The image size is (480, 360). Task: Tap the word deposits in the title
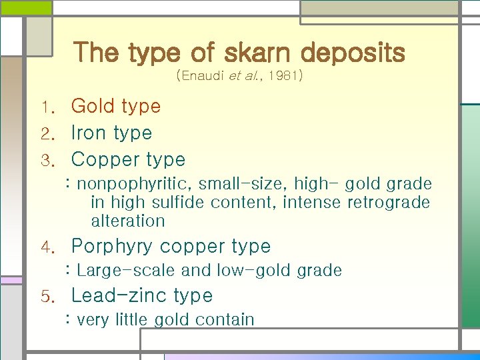[353, 53]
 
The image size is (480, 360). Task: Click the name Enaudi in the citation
[202, 77]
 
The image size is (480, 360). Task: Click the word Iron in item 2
[89, 133]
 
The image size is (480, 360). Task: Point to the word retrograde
[389, 202]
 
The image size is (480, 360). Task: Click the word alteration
[127, 221]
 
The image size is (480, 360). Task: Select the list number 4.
[46, 247]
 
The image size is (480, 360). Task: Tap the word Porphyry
[112, 247]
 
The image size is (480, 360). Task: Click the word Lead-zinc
[119, 295]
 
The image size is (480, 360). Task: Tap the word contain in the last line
[224, 320]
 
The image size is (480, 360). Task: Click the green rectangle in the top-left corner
[25, 7]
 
